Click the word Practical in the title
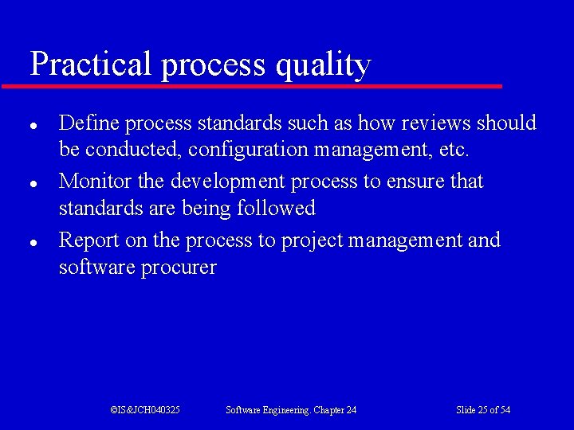click(x=90, y=64)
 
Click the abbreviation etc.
click(x=454, y=150)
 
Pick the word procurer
click(x=179, y=268)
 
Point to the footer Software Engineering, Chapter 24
click(x=291, y=409)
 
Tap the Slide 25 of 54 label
click(x=482, y=409)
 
